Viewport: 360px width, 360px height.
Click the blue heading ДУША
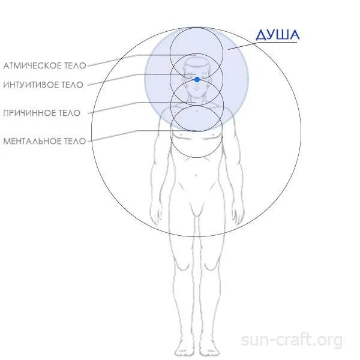[277, 35]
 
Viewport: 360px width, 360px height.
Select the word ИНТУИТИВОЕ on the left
[30, 85]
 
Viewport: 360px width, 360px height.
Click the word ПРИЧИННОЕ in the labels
[28, 113]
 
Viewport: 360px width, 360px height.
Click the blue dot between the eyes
[197, 79]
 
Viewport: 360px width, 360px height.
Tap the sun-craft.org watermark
[292, 340]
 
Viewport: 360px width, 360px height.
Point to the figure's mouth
[196, 94]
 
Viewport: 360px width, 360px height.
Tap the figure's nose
[196, 88]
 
